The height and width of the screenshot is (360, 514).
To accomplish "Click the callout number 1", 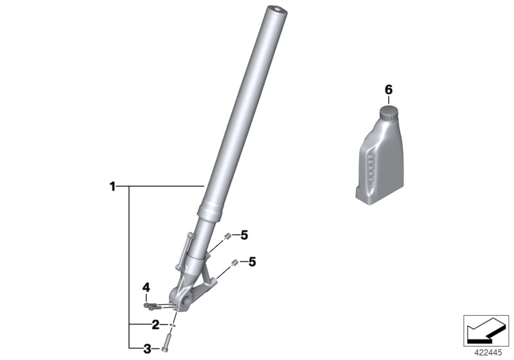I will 112,187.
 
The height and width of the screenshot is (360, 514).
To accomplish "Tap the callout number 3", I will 147,349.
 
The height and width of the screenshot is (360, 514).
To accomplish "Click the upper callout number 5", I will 244,236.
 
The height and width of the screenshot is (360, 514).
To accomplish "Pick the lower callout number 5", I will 252,262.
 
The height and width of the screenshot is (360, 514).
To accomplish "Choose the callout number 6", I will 387,89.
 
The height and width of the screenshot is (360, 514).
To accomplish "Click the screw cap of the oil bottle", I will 387,113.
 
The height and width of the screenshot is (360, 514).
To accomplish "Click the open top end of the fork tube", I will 277,9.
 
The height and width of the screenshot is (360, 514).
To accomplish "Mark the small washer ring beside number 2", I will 172,325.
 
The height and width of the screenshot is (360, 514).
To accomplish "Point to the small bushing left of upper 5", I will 227,237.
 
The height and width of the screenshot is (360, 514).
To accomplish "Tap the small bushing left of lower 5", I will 235,262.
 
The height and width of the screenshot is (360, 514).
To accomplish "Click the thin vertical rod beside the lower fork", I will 187,251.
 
